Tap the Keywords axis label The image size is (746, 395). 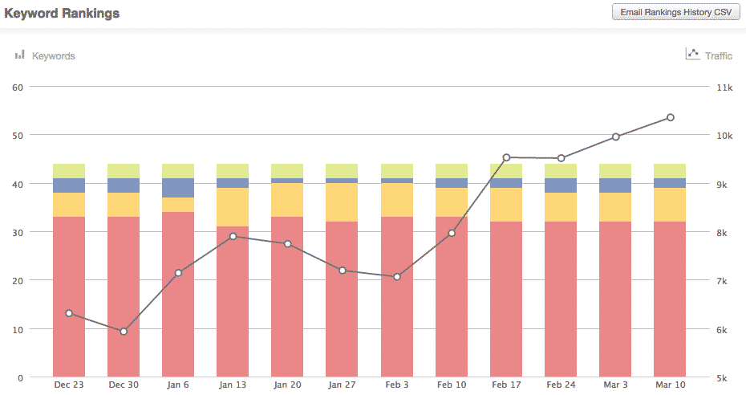[53, 56]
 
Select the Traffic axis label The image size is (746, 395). [718, 56]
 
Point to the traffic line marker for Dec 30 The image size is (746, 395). [124, 332]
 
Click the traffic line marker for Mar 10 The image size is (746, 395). [670, 118]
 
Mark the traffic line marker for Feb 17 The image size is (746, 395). [506, 157]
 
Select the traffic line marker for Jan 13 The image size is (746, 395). [233, 236]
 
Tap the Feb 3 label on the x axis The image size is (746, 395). [396, 385]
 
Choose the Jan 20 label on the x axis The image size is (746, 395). [287, 385]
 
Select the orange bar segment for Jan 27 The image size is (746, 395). [342, 202]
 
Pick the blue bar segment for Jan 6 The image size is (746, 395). [178, 188]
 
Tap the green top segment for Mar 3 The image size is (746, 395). [615, 171]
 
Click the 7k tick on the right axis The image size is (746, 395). [724, 281]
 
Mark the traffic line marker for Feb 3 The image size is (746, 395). [396, 277]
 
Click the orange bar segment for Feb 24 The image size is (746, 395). [561, 207]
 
